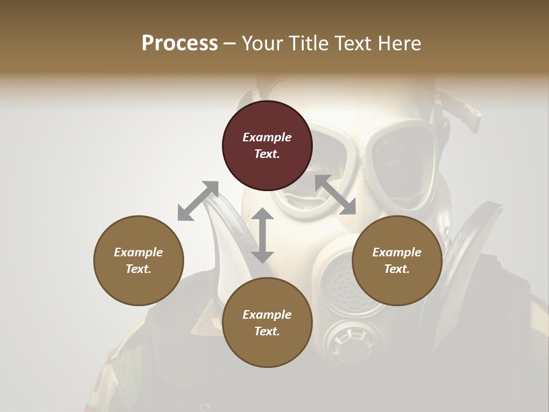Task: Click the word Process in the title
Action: pos(180,43)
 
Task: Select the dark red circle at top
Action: pos(267,145)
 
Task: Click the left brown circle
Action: pos(138,260)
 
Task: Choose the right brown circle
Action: pos(397,260)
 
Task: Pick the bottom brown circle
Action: pos(267,323)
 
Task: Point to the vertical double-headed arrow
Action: pos(262,235)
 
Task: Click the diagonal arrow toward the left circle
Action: pos(198,200)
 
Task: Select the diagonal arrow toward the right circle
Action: pos(336,195)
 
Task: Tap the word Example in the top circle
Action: pos(267,137)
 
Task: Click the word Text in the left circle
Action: pos(138,269)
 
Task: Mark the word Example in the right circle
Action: pos(397,252)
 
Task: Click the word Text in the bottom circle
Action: pos(266,331)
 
